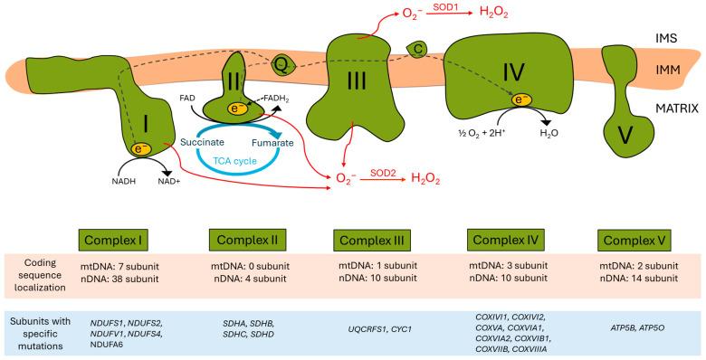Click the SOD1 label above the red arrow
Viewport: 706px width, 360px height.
coord(443,7)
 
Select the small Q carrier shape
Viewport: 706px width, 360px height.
coord(281,64)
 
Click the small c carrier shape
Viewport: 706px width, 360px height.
coord(418,47)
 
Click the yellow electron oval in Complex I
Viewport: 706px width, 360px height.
coord(142,148)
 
